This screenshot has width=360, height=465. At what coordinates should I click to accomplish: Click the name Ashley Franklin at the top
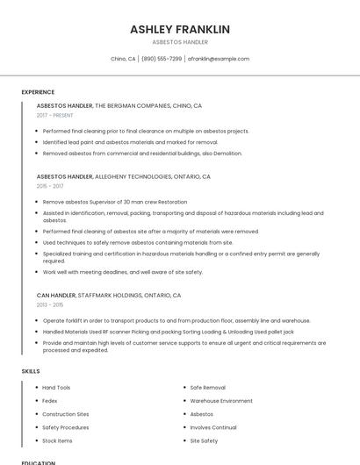coord(180,29)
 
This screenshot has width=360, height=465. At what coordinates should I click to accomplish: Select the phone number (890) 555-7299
coord(162,59)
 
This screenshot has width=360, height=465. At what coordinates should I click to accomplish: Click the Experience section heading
coord(38,92)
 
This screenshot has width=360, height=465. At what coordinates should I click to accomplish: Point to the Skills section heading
coord(31,371)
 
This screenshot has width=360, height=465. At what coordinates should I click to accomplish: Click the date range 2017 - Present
coord(54,115)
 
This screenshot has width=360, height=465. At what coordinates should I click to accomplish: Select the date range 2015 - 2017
coord(50,186)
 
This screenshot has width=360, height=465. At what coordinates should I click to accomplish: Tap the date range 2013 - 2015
coord(50,305)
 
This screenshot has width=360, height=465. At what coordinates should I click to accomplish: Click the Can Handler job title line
coord(109,296)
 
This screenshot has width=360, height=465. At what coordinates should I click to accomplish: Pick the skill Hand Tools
coord(56,387)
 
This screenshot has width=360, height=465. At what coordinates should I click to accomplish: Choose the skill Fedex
coord(50,400)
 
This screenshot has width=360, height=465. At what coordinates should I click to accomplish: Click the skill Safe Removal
coord(208,387)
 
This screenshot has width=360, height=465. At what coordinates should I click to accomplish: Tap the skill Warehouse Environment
coord(221,400)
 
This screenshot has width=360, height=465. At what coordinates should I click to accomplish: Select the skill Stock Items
coord(57,440)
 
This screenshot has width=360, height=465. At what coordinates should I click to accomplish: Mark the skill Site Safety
coord(204,440)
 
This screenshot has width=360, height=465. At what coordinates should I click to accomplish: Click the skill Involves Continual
coord(213,427)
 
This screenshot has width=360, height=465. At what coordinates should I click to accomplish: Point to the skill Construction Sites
coord(65,414)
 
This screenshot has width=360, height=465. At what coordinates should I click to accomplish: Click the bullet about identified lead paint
coord(130,142)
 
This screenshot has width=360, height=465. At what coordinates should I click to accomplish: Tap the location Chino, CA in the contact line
coord(123,59)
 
